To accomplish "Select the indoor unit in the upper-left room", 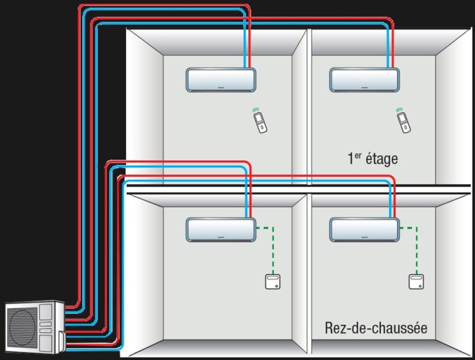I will click(x=221, y=80).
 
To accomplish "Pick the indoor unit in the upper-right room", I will click(x=364, y=80).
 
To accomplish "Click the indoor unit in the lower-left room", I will click(x=221, y=229).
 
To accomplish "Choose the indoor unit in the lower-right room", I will click(x=364, y=229).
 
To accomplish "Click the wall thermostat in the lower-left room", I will click(x=272, y=283).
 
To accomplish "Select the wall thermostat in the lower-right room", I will click(x=416, y=283).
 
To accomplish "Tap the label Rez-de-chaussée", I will click(x=376, y=327).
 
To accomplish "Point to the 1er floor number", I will click(x=354, y=158).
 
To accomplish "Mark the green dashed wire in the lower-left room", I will click(x=273, y=247).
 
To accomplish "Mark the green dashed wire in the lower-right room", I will click(x=416, y=247).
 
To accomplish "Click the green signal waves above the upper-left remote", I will click(x=257, y=110).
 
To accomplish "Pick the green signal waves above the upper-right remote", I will click(x=400, y=110).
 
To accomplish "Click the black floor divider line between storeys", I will click(x=297, y=186).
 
